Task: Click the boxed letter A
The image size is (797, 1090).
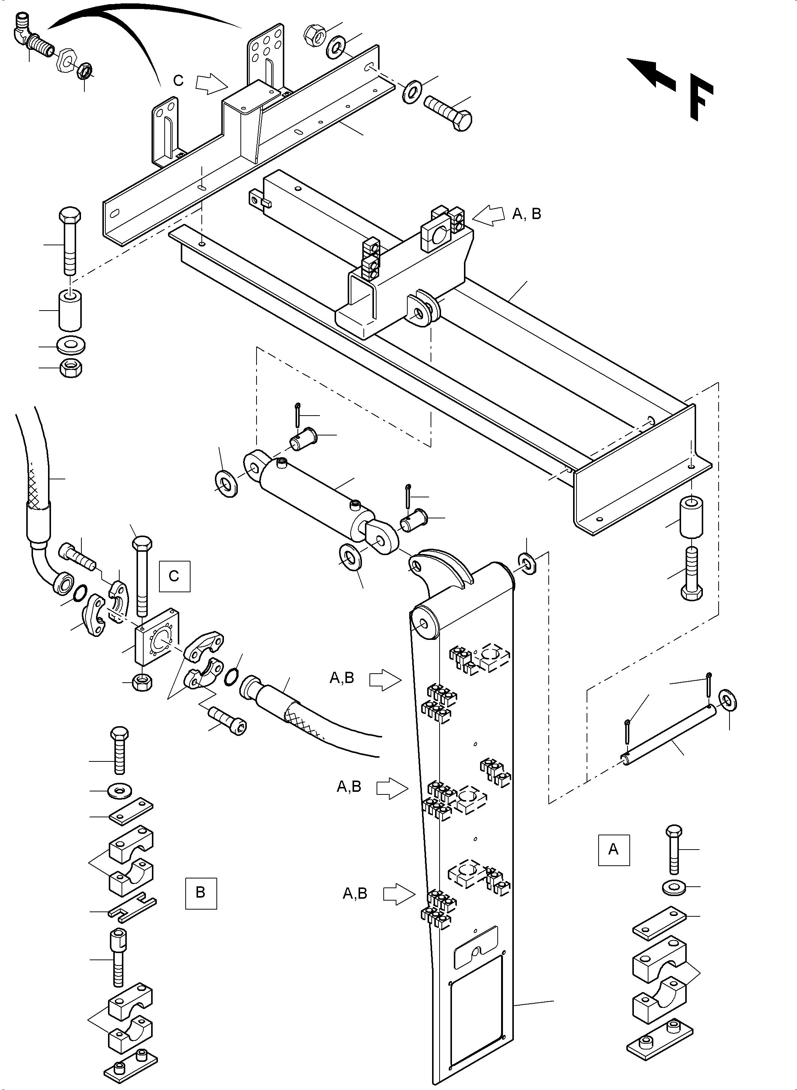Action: point(614,850)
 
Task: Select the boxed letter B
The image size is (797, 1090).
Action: point(201,893)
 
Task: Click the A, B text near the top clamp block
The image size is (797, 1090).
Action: point(526,214)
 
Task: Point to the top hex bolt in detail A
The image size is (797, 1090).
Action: point(674,849)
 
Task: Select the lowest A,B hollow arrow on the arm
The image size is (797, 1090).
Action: point(399,894)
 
